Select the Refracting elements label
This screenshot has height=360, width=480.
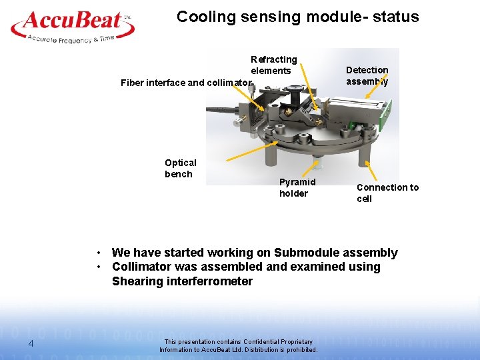(273, 65)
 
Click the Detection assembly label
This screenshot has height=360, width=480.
(367, 75)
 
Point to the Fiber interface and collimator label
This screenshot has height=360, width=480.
(186, 83)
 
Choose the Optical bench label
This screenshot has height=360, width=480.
(181, 168)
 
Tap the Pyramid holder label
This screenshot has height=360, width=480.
(297, 187)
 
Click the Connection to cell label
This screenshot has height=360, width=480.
(387, 193)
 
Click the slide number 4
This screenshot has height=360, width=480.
(31, 343)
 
